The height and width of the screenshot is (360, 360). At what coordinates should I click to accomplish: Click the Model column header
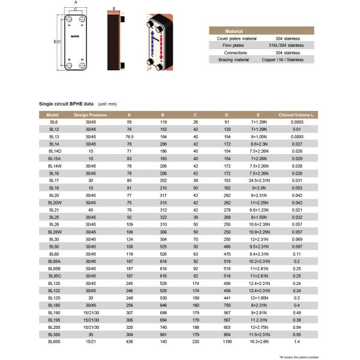[52, 114]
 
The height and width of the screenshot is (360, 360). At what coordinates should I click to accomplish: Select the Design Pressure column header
[90, 114]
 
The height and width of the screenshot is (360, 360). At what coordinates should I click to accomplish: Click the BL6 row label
[53, 122]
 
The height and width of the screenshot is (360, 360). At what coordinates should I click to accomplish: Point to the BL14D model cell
[54, 151]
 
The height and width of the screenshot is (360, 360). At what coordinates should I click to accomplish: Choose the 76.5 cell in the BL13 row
[129, 136]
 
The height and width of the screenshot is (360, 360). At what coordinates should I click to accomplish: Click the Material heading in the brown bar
[233, 31]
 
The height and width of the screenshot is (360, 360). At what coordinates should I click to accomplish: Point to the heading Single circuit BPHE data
[66, 103]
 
